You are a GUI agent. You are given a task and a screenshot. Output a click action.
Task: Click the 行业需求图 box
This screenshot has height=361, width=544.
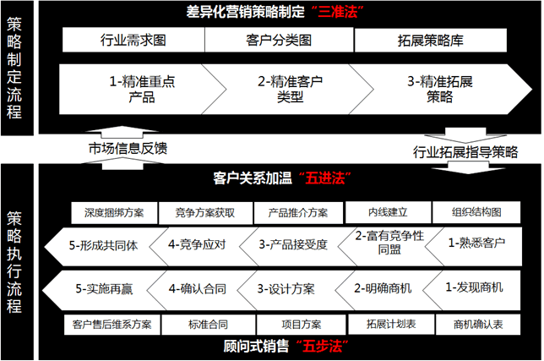pyautogui.click(x=133, y=40)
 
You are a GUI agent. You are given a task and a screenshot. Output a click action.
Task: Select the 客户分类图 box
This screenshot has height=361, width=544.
pyautogui.click(x=280, y=40)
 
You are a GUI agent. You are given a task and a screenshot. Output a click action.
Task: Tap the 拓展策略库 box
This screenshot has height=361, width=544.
pyautogui.click(x=431, y=41)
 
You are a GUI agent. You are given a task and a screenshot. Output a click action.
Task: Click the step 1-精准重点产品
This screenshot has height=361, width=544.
pyautogui.click(x=142, y=90)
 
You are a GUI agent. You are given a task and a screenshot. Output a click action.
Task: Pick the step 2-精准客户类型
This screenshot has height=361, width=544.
pyautogui.click(x=291, y=90)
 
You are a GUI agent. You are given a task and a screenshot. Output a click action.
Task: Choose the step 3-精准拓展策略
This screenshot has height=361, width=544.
pyautogui.click(x=440, y=90)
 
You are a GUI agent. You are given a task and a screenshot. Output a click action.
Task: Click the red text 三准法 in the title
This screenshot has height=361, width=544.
pyautogui.click(x=338, y=12)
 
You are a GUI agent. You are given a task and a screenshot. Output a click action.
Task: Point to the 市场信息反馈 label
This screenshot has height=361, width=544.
pyautogui.click(x=128, y=148)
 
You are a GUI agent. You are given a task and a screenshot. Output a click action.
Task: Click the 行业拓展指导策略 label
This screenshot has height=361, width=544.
pyautogui.click(x=465, y=152)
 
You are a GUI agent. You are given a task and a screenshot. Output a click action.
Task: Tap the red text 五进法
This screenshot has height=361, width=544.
pyautogui.click(x=324, y=178)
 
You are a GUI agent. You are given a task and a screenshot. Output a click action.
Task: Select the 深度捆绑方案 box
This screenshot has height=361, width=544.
pyautogui.click(x=114, y=213)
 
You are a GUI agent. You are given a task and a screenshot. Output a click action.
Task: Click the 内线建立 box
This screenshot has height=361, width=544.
pyautogui.click(x=389, y=212)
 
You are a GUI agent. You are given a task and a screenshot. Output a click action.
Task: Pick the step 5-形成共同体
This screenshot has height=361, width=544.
pyautogui.click(x=104, y=246)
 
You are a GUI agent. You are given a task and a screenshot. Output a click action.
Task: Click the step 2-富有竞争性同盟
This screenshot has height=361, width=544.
pyautogui.click(x=389, y=243)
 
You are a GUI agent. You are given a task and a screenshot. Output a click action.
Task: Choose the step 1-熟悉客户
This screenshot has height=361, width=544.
pyautogui.click(x=476, y=243)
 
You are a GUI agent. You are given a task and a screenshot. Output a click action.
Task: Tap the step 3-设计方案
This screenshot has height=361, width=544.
pyautogui.click(x=286, y=289)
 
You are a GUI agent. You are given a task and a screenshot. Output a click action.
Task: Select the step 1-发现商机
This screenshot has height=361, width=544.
pyautogui.click(x=474, y=287)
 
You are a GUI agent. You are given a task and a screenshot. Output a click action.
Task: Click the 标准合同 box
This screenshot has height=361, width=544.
pyautogui.click(x=208, y=325)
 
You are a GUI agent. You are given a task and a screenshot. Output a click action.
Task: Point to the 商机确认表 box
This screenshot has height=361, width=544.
pyautogui.click(x=478, y=325)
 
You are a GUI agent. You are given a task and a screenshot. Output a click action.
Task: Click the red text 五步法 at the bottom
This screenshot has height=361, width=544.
pyautogui.click(x=322, y=347)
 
